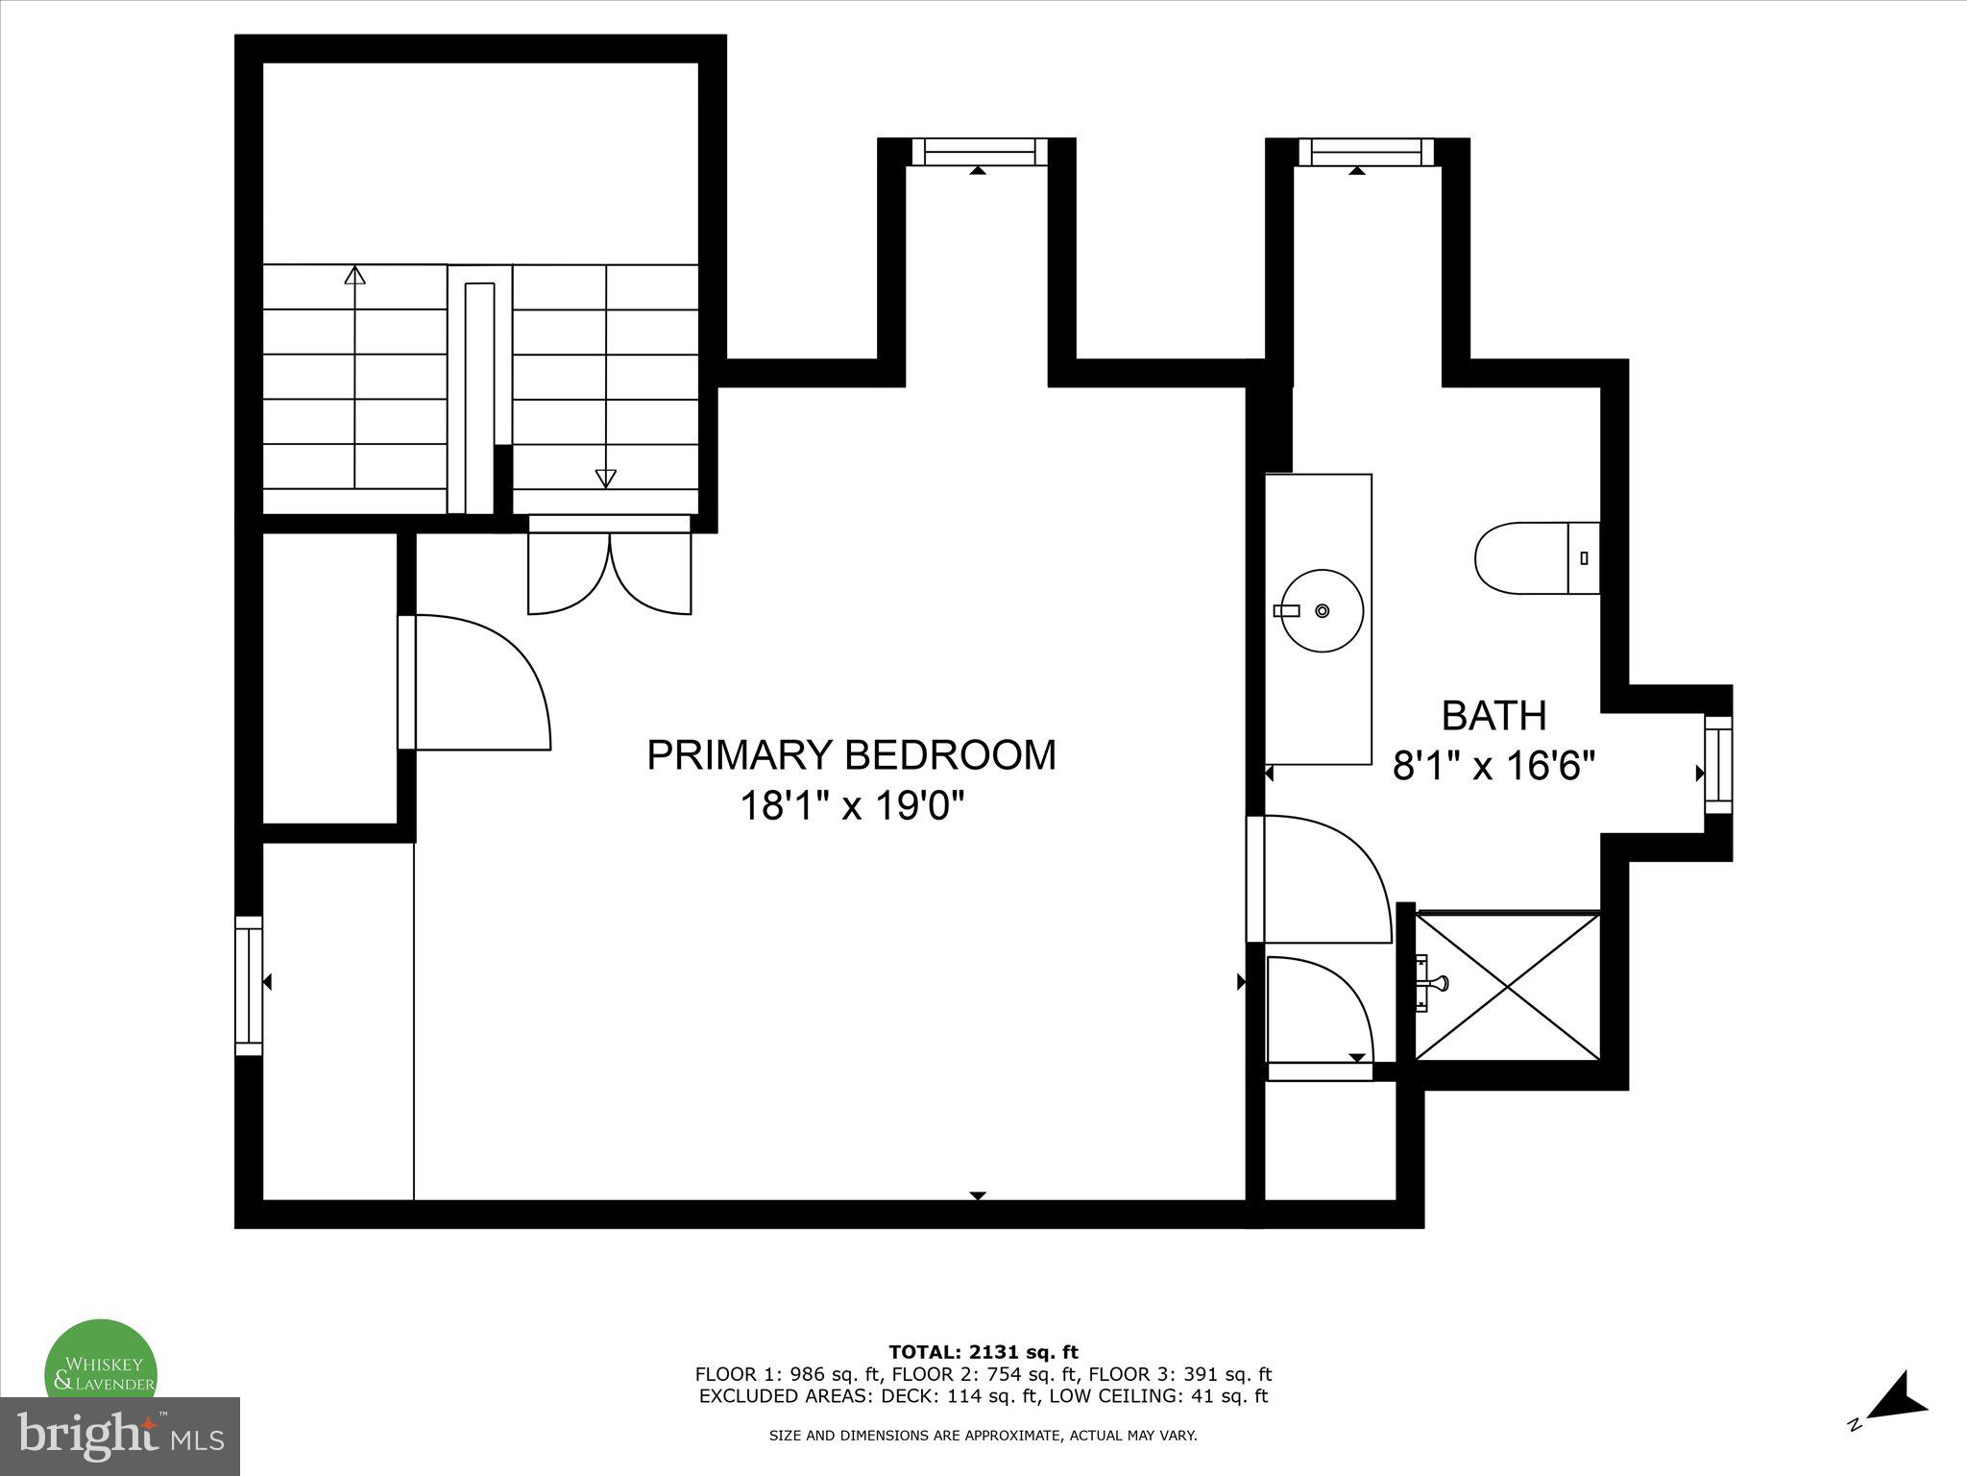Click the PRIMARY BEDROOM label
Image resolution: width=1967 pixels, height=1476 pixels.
(x=851, y=755)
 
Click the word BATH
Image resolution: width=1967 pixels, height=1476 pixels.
(x=1494, y=716)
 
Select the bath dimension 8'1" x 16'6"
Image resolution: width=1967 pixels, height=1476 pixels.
(x=1494, y=767)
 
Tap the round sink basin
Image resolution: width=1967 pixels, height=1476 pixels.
(x=1323, y=610)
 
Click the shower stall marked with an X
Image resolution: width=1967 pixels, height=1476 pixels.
(x=1509, y=987)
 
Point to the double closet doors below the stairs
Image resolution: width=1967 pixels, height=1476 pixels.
(x=609, y=573)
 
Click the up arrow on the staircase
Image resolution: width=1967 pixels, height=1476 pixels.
(x=355, y=277)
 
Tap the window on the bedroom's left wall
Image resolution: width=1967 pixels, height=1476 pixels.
(x=249, y=985)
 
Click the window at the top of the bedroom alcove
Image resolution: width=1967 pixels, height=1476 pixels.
(x=979, y=152)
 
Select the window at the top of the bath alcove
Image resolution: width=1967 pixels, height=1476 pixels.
(x=1366, y=152)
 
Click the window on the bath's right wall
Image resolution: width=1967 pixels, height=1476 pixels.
(x=1718, y=765)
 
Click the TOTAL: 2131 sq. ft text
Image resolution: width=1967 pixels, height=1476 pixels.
(x=983, y=1352)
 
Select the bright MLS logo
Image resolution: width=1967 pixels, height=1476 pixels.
(x=120, y=1437)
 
